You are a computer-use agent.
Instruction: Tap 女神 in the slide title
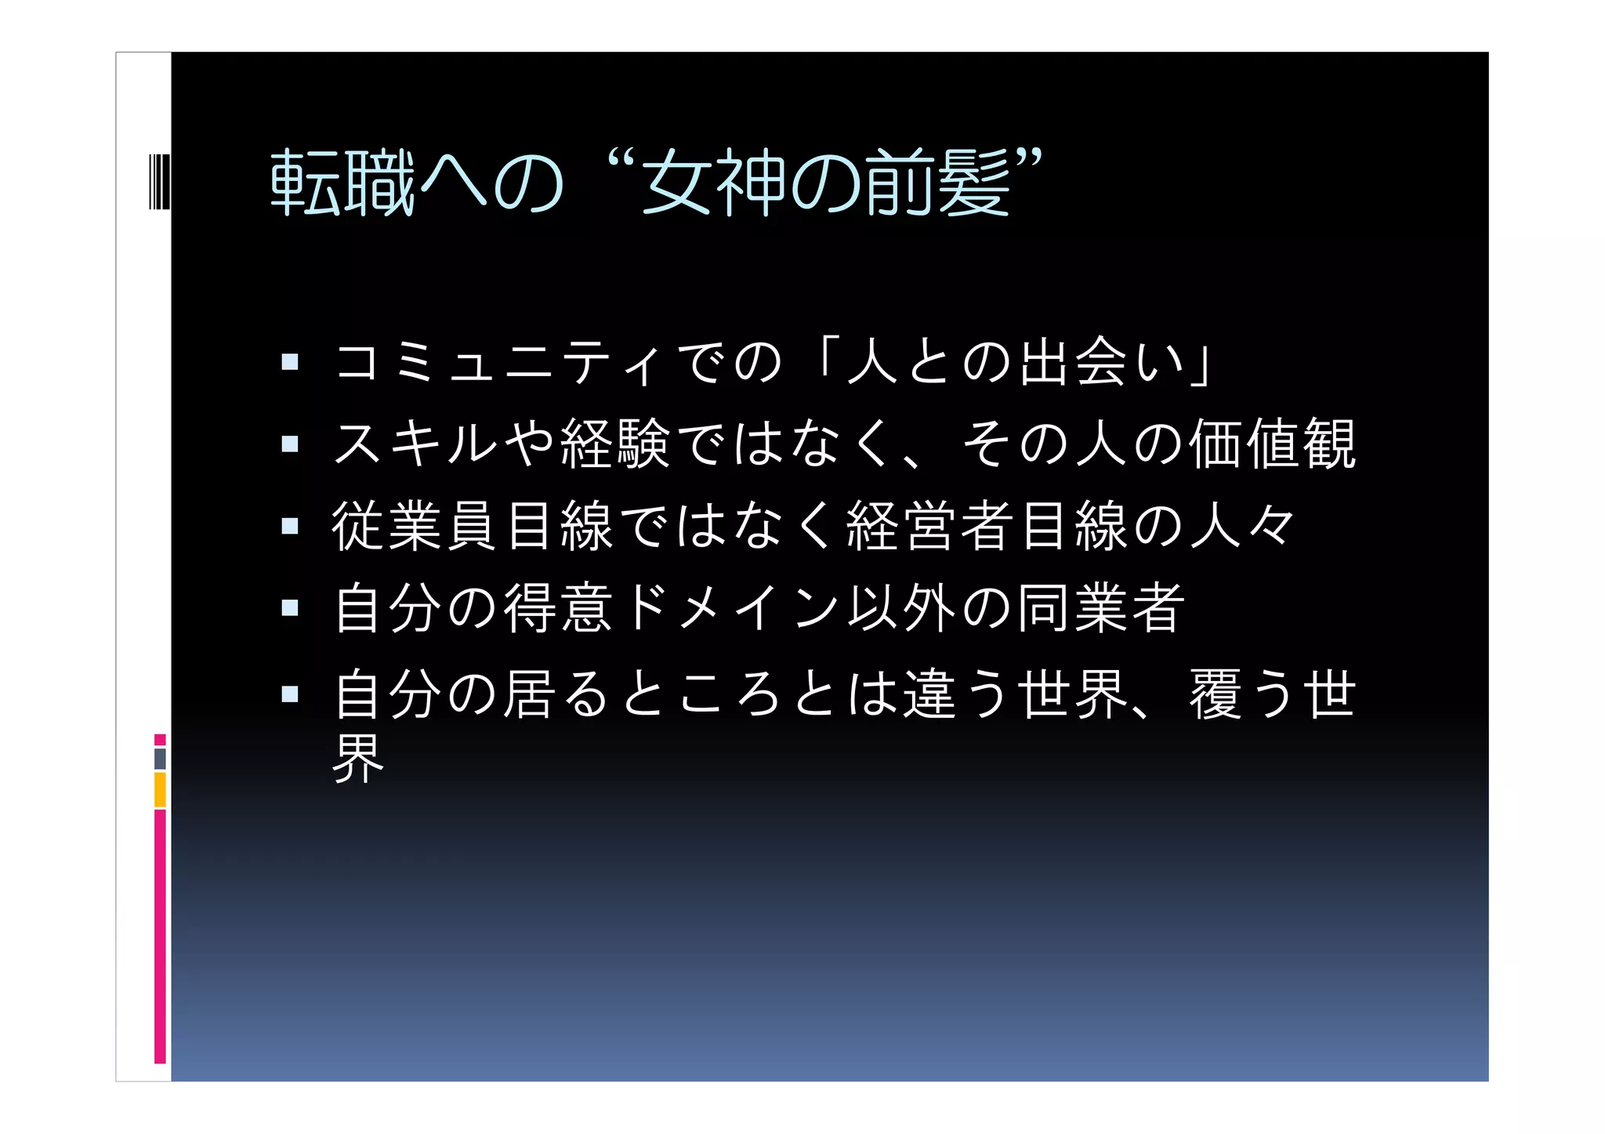coord(713,183)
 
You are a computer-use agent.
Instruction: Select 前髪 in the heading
coord(937,183)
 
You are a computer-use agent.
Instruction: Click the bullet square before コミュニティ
coord(290,361)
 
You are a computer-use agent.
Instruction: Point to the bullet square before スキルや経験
coord(290,444)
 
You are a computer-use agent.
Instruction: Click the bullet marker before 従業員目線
coord(290,525)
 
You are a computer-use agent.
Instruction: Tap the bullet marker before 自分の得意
coord(290,607)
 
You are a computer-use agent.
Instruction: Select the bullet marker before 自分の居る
coord(290,693)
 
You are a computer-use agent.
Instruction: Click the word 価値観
coord(1272,444)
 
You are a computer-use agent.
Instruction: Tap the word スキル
coord(415,444)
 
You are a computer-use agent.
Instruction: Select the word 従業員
coord(415,526)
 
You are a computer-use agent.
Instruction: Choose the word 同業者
coord(1100,608)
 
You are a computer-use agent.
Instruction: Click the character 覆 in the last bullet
coord(1216,694)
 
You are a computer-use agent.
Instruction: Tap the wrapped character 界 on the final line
coord(358,759)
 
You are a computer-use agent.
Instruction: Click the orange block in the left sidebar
coord(160,789)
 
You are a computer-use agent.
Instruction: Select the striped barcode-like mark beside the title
coord(159,182)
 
